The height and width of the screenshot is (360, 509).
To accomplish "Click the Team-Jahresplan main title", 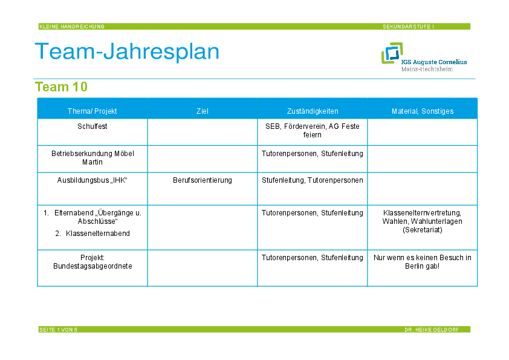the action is [127, 51].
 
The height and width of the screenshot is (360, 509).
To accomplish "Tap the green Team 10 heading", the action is [61, 87].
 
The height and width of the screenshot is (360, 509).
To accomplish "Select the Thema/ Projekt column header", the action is [92, 111].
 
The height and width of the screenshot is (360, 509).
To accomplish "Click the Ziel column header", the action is [203, 111].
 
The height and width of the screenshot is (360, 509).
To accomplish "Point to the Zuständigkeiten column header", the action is [313, 111].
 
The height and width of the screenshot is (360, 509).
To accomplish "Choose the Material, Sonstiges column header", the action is [423, 111].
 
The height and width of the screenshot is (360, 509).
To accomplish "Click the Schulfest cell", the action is [92, 126].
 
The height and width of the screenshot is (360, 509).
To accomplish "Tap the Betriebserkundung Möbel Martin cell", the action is [92, 157].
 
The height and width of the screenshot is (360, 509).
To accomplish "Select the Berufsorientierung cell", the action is [203, 180].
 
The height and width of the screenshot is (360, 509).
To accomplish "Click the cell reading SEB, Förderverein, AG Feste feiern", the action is [313, 130].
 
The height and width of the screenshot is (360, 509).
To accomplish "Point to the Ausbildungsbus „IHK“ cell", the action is [92, 180].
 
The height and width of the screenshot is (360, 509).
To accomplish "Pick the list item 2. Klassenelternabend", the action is [92, 234].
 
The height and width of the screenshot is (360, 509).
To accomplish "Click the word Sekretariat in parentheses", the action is [423, 230].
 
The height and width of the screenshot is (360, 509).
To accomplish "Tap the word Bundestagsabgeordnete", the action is [92, 266].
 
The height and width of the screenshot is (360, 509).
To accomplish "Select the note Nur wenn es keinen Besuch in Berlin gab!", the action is [423, 262].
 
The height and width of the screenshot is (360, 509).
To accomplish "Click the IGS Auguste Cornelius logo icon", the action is [392, 53].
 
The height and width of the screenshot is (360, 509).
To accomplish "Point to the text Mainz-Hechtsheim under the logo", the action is [427, 69].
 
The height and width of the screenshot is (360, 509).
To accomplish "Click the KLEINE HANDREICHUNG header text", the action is [72, 27].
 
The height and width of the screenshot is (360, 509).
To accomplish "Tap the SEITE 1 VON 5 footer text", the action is [59, 330].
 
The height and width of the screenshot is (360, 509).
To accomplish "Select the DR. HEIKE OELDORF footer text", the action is [432, 330].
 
